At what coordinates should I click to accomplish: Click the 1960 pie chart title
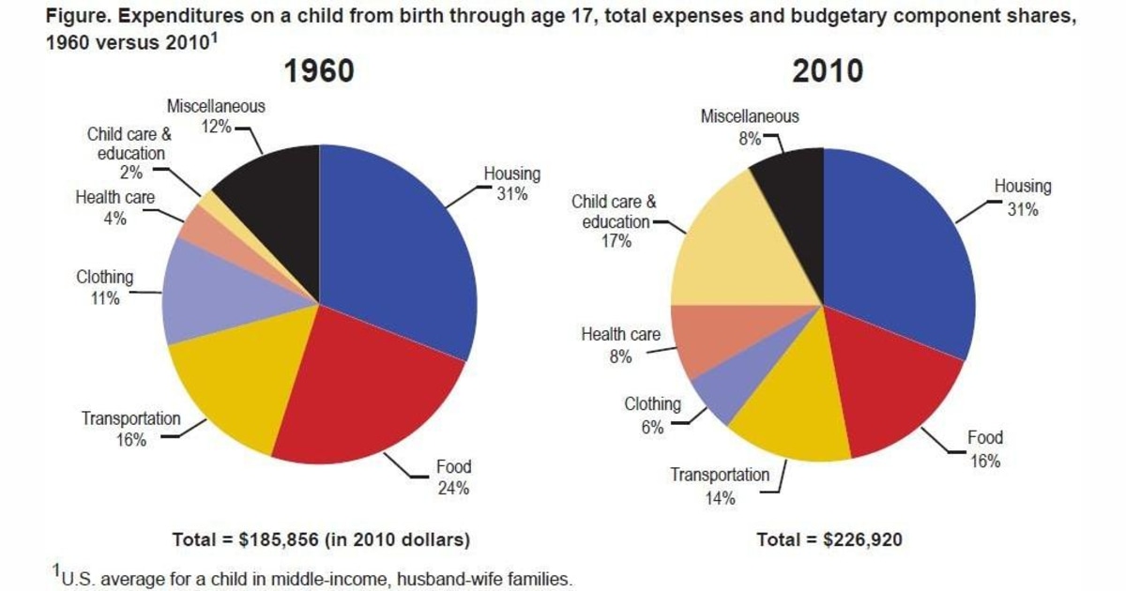pos(319,72)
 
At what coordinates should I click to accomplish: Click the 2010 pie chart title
pos(823,72)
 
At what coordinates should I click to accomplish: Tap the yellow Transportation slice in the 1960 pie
pos(225,375)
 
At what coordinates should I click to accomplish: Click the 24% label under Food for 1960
pos(453,488)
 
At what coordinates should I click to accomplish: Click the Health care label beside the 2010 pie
pos(620,335)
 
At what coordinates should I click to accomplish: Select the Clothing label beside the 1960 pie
pos(105,278)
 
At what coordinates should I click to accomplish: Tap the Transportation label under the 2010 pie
pos(719,475)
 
